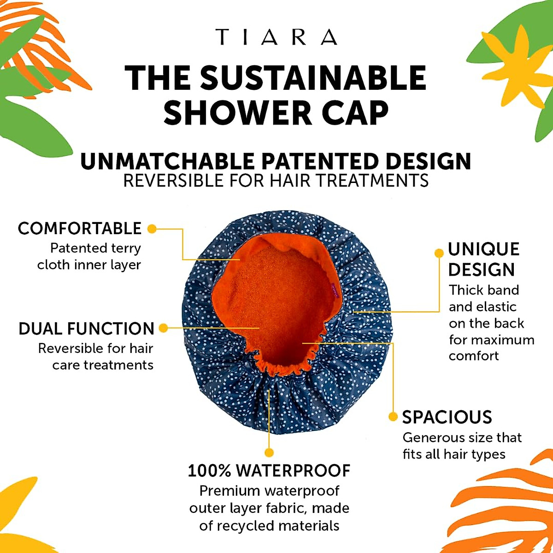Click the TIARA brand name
(x=276, y=37)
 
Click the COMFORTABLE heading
(x=80, y=228)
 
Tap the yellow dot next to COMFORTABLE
(x=152, y=229)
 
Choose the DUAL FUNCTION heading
(x=86, y=329)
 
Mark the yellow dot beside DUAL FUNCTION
(x=163, y=328)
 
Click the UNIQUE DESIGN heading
(x=483, y=259)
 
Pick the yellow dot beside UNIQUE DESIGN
(x=439, y=253)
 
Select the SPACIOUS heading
(x=447, y=417)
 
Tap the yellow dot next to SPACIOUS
(x=393, y=417)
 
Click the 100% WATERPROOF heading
(x=269, y=471)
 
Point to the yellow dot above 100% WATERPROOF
(x=270, y=453)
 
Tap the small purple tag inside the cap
(x=335, y=290)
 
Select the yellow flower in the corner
(x=521, y=69)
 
